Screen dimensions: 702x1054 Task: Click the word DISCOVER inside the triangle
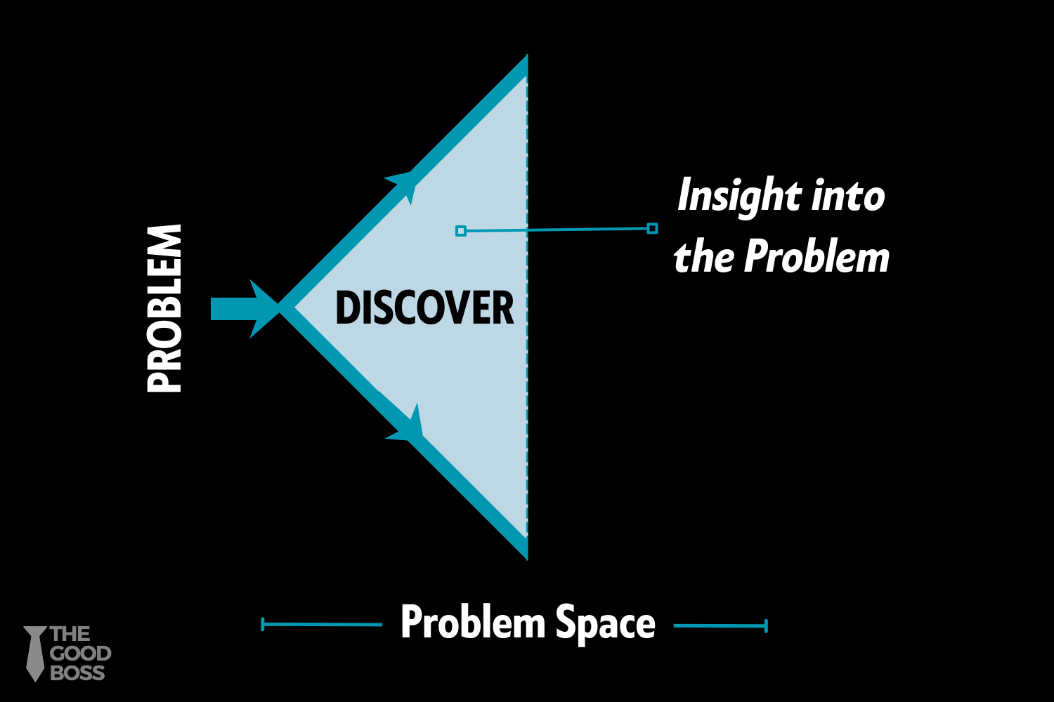[x=424, y=308]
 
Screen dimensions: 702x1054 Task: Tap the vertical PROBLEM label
[x=165, y=308]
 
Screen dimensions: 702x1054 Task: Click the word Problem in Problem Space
[x=473, y=622]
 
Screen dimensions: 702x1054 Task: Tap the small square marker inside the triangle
[x=461, y=231]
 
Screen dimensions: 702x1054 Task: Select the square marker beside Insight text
[x=652, y=228]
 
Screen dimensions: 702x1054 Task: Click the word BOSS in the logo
[x=77, y=673]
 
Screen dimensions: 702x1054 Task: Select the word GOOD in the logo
[x=80, y=654]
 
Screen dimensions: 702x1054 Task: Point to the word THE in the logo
[x=70, y=635]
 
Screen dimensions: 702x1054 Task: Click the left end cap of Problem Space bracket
[x=263, y=624]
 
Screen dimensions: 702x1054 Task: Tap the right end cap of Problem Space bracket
[x=766, y=625]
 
